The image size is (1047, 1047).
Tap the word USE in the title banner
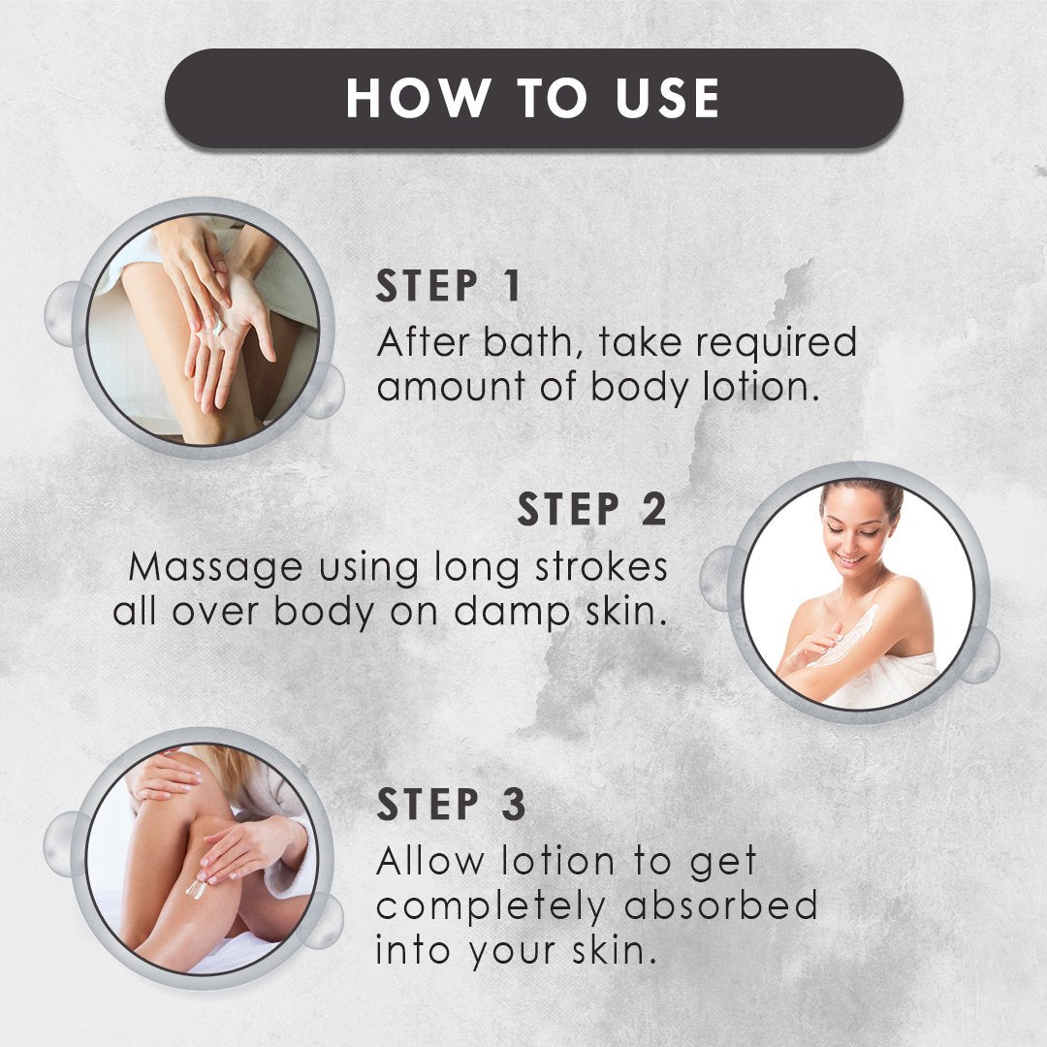(667, 98)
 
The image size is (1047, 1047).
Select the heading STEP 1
(448, 286)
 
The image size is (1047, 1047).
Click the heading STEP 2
(592, 510)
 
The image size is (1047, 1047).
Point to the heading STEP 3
(451, 804)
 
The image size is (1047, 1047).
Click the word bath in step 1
(528, 342)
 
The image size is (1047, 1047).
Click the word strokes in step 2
(601, 566)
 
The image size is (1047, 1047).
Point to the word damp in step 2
(512, 613)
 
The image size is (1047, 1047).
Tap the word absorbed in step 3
(721, 904)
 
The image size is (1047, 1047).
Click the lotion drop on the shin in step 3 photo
(196, 889)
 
